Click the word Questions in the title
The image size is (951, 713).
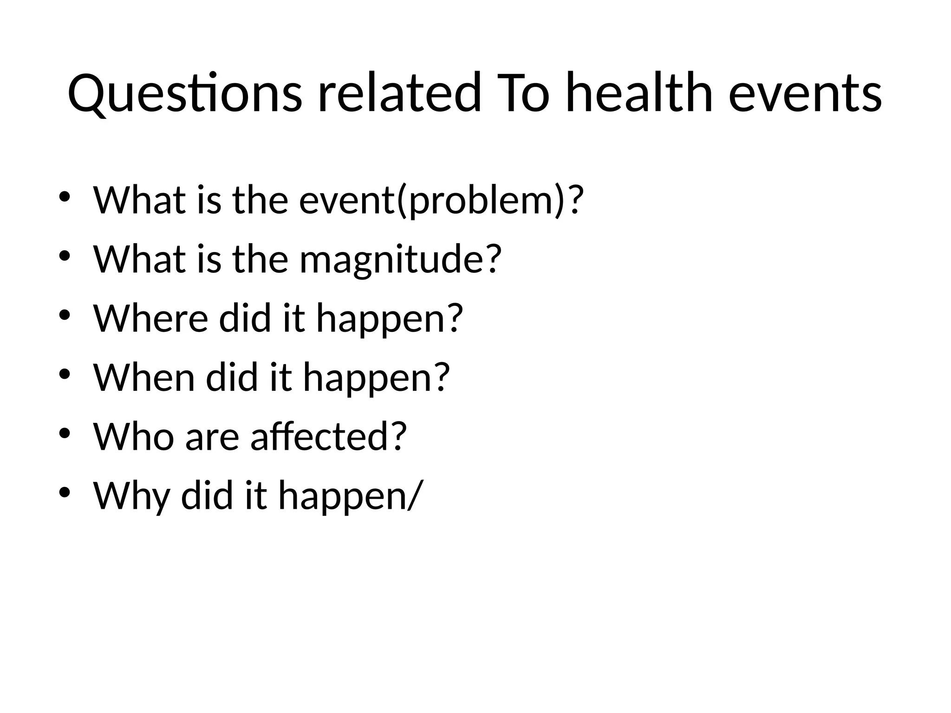(x=185, y=93)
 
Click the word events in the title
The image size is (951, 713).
(x=805, y=93)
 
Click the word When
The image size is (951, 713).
(x=144, y=377)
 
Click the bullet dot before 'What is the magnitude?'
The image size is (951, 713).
(x=65, y=256)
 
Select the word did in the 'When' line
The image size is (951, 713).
(x=232, y=377)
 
